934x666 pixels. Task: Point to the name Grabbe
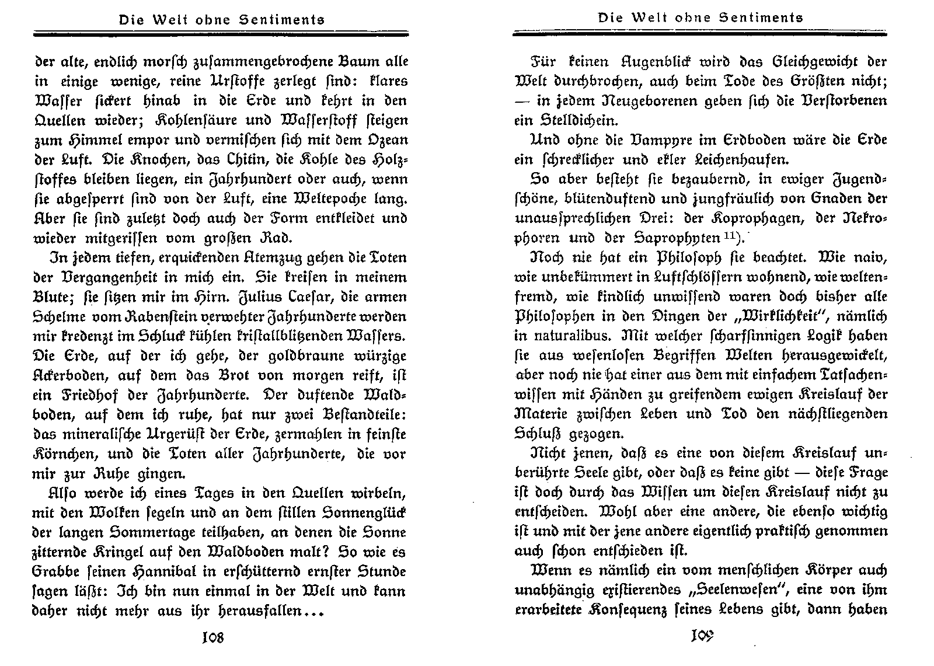[x=58, y=572]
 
